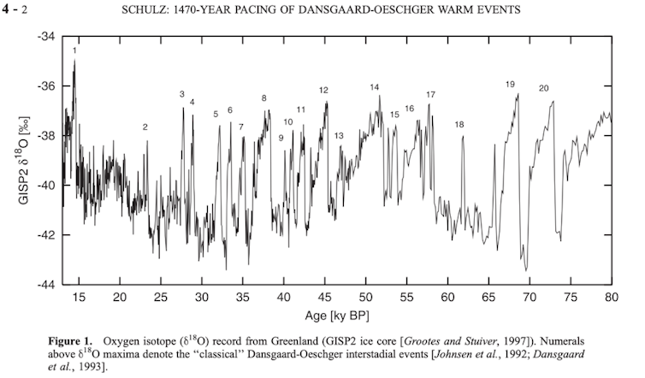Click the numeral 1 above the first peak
74,51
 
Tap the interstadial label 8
263,98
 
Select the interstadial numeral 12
323,90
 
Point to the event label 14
375,87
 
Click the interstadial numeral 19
510,84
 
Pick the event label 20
543,88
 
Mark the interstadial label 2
145,127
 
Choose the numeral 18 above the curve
459,125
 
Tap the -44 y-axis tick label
44,284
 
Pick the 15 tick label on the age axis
79,297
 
